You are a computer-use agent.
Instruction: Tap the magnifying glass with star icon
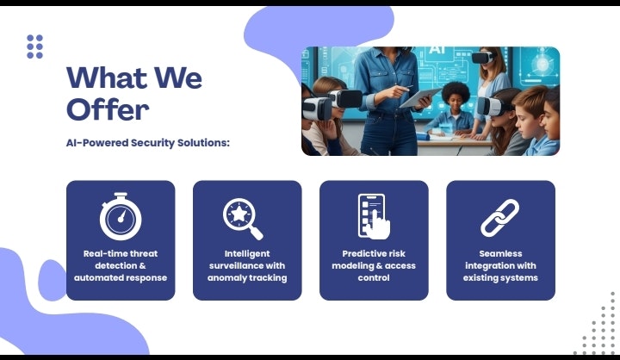[245, 218]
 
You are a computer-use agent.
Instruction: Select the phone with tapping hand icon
[374, 215]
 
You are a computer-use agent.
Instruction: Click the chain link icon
[499, 217]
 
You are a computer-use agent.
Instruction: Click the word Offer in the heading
[108, 109]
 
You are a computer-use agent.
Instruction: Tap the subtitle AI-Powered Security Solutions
[148, 142]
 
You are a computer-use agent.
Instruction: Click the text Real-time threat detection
[121, 259]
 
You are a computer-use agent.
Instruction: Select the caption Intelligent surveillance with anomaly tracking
[246, 265]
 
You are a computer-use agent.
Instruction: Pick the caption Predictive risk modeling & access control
[373, 265]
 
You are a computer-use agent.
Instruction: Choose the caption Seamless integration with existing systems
[499, 265]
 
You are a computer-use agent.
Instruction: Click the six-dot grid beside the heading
[34, 47]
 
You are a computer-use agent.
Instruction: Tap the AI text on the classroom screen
[436, 53]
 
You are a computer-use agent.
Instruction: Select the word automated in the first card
[99, 278]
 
